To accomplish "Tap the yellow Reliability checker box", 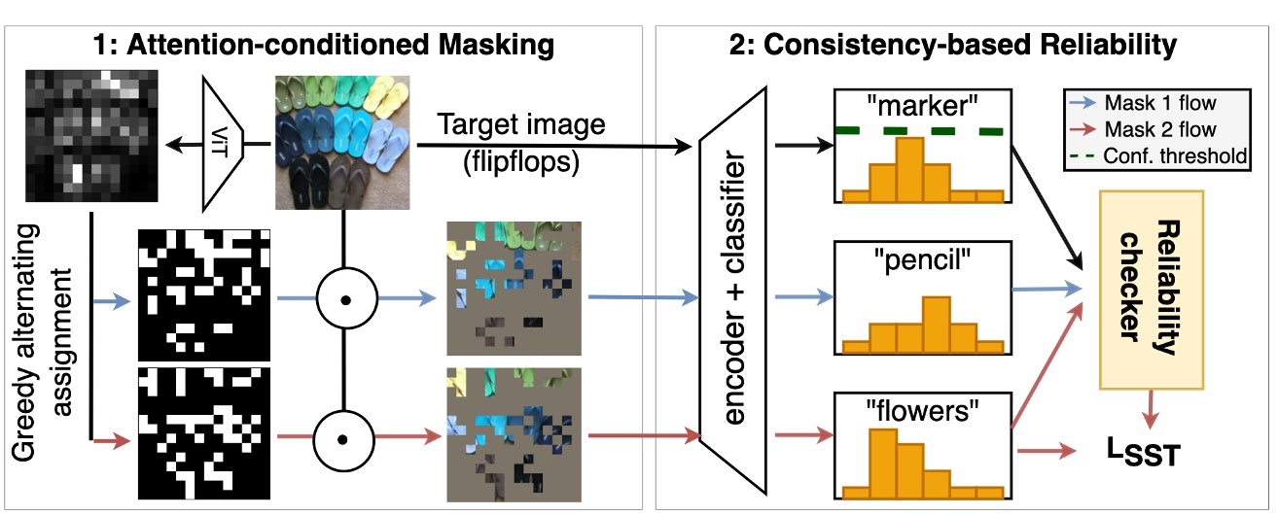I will [x=1151, y=275].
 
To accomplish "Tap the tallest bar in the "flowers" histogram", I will [x=882, y=463].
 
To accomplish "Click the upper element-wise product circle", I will [x=343, y=302].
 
